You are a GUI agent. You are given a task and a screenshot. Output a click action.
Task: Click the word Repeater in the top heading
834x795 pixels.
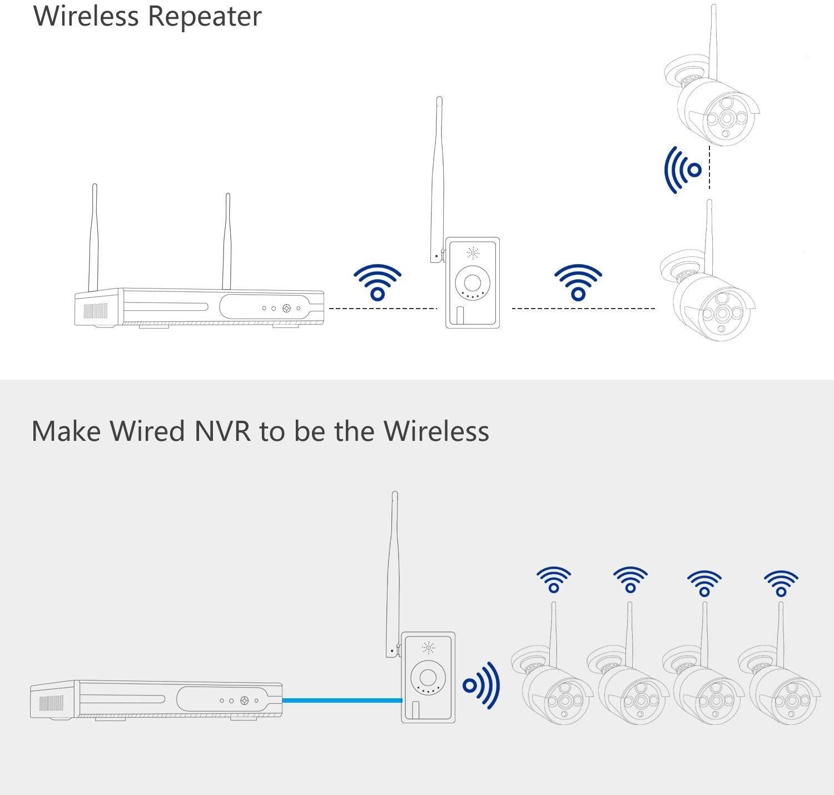coord(204,16)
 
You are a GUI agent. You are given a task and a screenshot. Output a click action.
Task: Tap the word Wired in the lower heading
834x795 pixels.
coord(147,431)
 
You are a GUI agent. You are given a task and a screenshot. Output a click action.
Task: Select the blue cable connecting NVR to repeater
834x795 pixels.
coord(341,700)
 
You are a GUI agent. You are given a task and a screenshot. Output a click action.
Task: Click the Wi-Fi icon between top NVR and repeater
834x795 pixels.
coord(378,283)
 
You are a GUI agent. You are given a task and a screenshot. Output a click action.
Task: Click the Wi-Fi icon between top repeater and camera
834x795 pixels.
coord(578,283)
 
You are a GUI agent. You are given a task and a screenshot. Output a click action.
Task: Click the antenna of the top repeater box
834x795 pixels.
coord(437,178)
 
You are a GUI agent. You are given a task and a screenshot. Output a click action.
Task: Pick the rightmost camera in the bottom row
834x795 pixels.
coord(778,684)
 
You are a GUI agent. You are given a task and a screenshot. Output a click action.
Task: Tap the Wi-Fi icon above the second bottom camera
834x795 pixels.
coord(631,580)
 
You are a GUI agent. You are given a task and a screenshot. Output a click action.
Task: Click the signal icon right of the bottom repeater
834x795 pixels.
coord(481,685)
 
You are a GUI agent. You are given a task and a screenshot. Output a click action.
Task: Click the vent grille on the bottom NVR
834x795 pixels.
coord(51,703)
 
